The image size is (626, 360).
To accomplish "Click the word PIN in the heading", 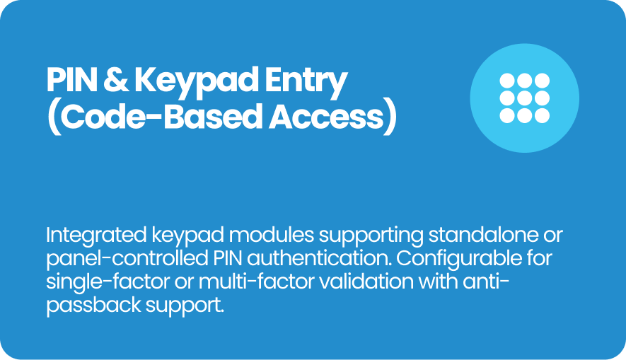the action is tap(71, 80).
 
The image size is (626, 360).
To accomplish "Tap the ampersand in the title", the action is tap(115, 80).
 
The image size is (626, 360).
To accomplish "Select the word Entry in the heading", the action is tap(306, 83).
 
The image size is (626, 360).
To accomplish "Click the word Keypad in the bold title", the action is tap(197, 83).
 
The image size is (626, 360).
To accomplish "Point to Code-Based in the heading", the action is tap(160, 117).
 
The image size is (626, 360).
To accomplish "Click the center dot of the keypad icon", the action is tap(524, 98).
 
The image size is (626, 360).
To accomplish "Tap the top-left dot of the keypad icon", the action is tap(507, 81).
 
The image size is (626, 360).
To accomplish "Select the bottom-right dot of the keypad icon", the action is tap(542, 116).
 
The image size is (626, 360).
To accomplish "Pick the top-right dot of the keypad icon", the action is tap(542, 81).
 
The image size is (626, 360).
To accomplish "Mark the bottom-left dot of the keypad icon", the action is tap(507, 116).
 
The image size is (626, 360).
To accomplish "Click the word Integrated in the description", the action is tap(96, 236).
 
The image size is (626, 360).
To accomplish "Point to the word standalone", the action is tap(482, 235).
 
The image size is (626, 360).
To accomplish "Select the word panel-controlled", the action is tap(127, 259).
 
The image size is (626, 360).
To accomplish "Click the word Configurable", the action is tap(459, 259).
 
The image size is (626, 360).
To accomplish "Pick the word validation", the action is tap(366, 281).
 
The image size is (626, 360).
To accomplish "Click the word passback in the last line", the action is tap(94, 306).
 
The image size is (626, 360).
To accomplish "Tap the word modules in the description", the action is tap(272, 235).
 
